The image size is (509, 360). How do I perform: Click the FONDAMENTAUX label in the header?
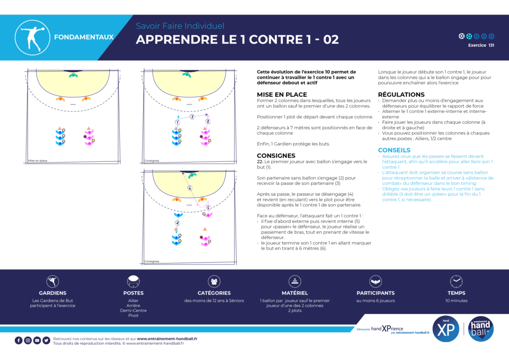[x=84, y=37]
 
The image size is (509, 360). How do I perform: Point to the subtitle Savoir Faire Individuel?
[x=180, y=26]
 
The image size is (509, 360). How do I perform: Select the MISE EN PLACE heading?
[x=282, y=94]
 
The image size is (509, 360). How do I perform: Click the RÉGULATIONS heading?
[x=401, y=94]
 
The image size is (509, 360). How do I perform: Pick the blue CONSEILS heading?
[x=394, y=150]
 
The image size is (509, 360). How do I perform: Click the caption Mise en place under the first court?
[x=37, y=161]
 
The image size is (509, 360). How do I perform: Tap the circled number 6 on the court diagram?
[x=190, y=188]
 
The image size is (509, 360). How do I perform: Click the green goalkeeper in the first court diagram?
[x=74, y=75]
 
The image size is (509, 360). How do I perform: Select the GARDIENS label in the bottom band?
[x=53, y=293]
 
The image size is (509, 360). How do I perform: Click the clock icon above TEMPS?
[x=456, y=281]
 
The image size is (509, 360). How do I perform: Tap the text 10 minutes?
[x=456, y=301]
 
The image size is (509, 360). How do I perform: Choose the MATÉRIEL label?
[x=295, y=293]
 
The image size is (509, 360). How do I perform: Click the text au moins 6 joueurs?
[x=375, y=301]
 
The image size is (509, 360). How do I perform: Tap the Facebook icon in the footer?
[x=18, y=340]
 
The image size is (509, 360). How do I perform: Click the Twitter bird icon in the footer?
[x=46, y=340]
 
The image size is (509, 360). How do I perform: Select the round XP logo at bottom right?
[x=446, y=330]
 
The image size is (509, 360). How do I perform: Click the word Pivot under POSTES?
[x=133, y=316]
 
